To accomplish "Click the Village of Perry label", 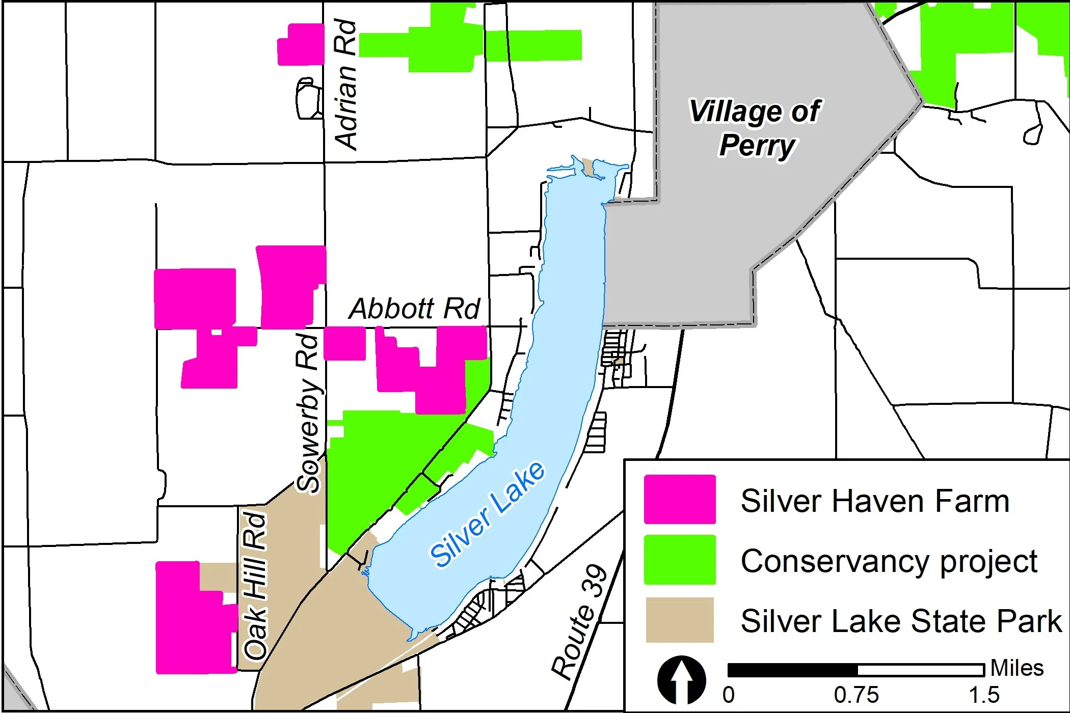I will pyautogui.click(x=755, y=128).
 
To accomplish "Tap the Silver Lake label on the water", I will pyautogui.click(x=487, y=514).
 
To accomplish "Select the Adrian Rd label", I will pyautogui.click(x=345, y=85).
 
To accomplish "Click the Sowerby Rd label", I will pyautogui.click(x=308, y=413).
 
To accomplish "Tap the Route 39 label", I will pyautogui.click(x=580, y=622).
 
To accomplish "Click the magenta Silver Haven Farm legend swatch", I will pyautogui.click(x=680, y=499).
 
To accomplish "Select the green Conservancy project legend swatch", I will pyautogui.click(x=680, y=560).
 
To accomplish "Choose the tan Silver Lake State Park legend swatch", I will pyautogui.click(x=680, y=620).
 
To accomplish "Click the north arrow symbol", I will pyautogui.click(x=682, y=680).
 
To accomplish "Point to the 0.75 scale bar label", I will pyautogui.click(x=857, y=695).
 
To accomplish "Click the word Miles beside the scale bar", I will pyautogui.click(x=1017, y=668).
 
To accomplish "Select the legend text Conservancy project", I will pyautogui.click(x=889, y=561).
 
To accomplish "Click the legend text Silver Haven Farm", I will pyautogui.click(x=875, y=501).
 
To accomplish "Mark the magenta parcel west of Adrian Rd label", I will pyautogui.click(x=301, y=45).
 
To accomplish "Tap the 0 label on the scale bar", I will pyautogui.click(x=729, y=695).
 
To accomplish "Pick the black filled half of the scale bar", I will pyautogui.click(x=792, y=670).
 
